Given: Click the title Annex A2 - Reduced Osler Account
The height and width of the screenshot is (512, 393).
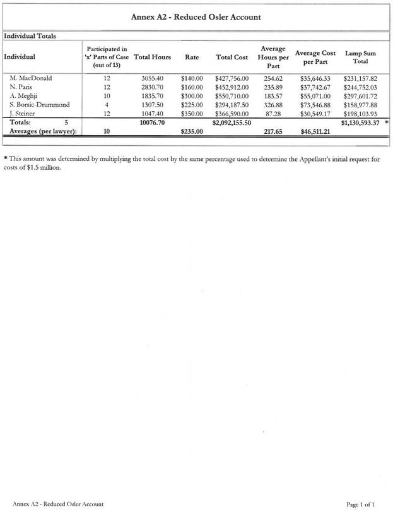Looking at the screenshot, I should [x=196, y=17].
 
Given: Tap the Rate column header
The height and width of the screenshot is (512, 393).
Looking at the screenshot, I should [x=192, y=57].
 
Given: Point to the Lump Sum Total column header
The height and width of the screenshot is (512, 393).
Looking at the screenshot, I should [x=360, y=57].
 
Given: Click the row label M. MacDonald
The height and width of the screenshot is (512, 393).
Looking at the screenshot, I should [x=31, y=78].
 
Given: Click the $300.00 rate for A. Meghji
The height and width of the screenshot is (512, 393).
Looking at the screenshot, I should [x=192, y=95].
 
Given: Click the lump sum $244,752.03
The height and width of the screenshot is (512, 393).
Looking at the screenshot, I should [x=360, y=86].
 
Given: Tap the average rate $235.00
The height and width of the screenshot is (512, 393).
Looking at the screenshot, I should [x=192, y=131].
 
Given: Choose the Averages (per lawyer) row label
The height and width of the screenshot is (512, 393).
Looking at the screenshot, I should [x=44, y=131].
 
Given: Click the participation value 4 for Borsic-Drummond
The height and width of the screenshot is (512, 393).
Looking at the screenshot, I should [x=107, y=104].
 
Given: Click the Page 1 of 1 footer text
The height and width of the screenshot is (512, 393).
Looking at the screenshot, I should [x=364, y=503].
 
